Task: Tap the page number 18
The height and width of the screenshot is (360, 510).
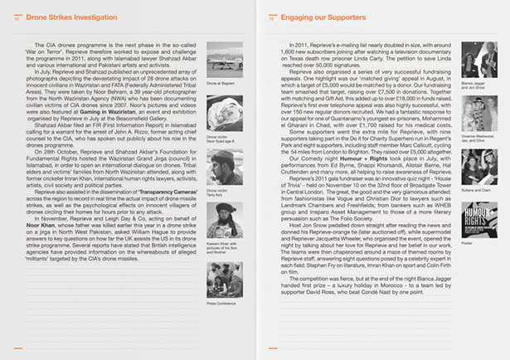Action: pyautogui.click(x=17, y=17)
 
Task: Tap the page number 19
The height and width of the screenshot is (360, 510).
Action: pyautogui.click(x=271, y=17)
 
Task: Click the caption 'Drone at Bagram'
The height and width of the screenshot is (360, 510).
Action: pyautogui.click(x=221, y=85)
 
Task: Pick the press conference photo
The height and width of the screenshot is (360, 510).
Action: pyautogui.click(x=223, y=280)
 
